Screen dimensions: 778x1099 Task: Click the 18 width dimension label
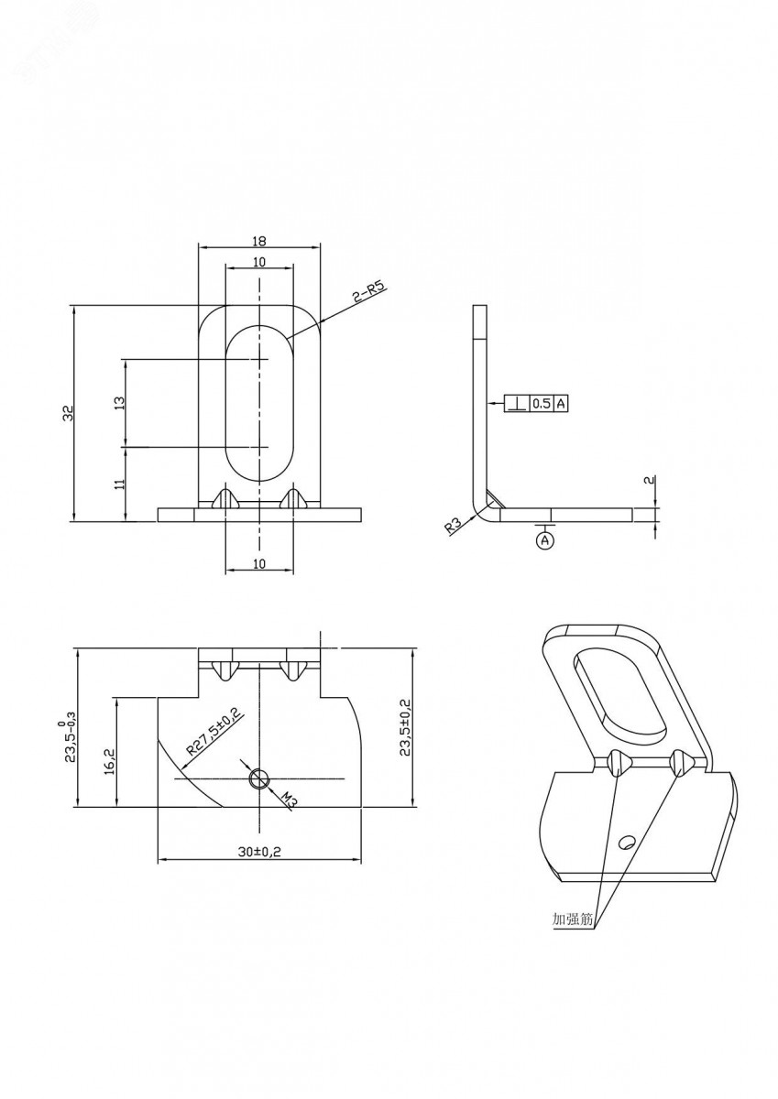click(259, 241)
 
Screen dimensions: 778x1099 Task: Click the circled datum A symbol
click(543, 540)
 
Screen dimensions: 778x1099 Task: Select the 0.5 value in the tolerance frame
click(541, 404)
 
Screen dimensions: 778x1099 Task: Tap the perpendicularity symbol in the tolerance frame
click(517, 404)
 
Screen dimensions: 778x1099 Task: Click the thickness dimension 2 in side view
click(652, 481)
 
